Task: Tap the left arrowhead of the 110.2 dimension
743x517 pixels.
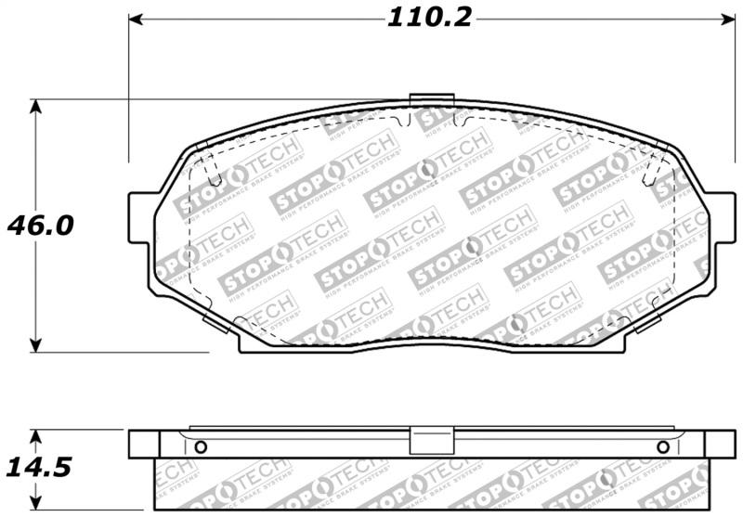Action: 136,19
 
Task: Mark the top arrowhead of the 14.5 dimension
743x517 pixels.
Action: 35,435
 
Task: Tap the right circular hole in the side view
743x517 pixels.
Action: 662,447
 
